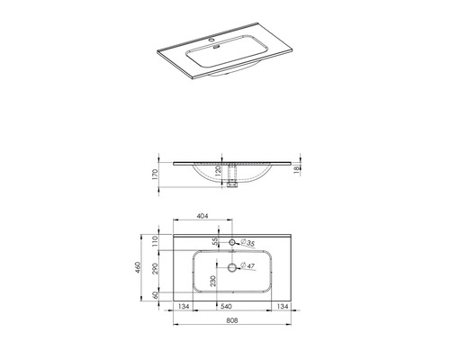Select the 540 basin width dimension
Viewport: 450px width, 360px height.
(232, 306)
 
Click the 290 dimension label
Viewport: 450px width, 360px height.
(155, 268)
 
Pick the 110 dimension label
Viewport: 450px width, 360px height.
(155, 240)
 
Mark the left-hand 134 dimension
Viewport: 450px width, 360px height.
(184, 306)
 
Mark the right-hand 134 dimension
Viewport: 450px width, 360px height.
(281, 306)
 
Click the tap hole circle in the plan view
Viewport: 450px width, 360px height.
(233, 243)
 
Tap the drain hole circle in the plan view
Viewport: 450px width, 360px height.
(233, 267)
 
